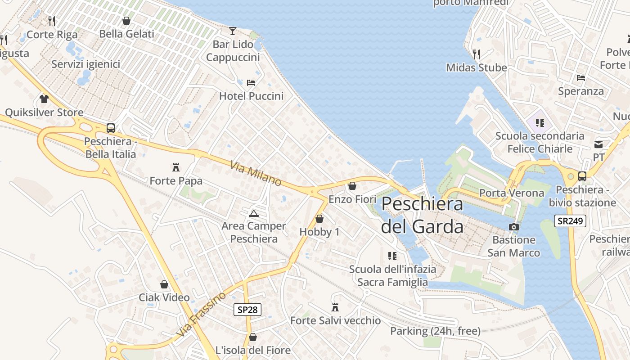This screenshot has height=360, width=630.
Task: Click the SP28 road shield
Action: coord(247,310)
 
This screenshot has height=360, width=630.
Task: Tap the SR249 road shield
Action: coord(570,221)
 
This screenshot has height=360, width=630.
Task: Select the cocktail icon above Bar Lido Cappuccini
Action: coord(232,31)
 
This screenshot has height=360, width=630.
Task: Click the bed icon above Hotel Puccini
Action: coord(251,82)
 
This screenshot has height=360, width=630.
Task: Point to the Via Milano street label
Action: coord(256,174)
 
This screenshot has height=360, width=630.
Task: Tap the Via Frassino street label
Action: coord(201,315)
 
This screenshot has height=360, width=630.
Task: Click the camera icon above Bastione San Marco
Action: coord(513,227)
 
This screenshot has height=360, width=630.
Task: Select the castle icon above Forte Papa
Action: coord(176,167)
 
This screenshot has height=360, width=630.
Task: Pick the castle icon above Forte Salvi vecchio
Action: coord(335,307)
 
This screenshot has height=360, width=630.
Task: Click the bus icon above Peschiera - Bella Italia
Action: coord(111,128)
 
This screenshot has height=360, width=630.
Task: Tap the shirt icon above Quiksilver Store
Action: coord(44,99)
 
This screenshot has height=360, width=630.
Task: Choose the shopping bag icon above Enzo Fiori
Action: coord(352,185)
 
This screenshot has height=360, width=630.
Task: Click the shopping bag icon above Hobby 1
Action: coord(319,219)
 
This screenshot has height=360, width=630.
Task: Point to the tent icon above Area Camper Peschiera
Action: coord(253,213)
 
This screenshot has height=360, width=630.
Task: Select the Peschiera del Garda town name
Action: coord(422,215)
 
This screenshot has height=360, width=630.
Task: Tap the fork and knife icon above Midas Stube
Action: coord(477,54)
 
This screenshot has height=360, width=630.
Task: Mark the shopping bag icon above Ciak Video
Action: coord(164,284)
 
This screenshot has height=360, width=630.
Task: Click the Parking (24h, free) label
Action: coord(435,331)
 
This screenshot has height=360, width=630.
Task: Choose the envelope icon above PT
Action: coord(598,144)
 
